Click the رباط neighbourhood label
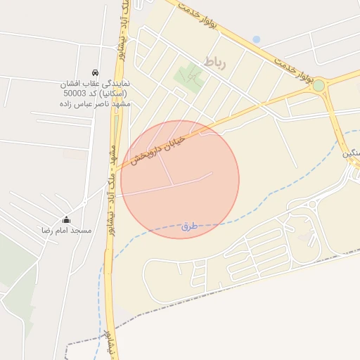point(215,62)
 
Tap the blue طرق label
point(188,226)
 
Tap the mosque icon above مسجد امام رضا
point(67,219)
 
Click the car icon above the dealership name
point(94,72)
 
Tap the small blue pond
point(256,40)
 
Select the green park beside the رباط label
point(188,76)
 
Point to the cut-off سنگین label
point(351,153)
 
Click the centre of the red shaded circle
point(180,179)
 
